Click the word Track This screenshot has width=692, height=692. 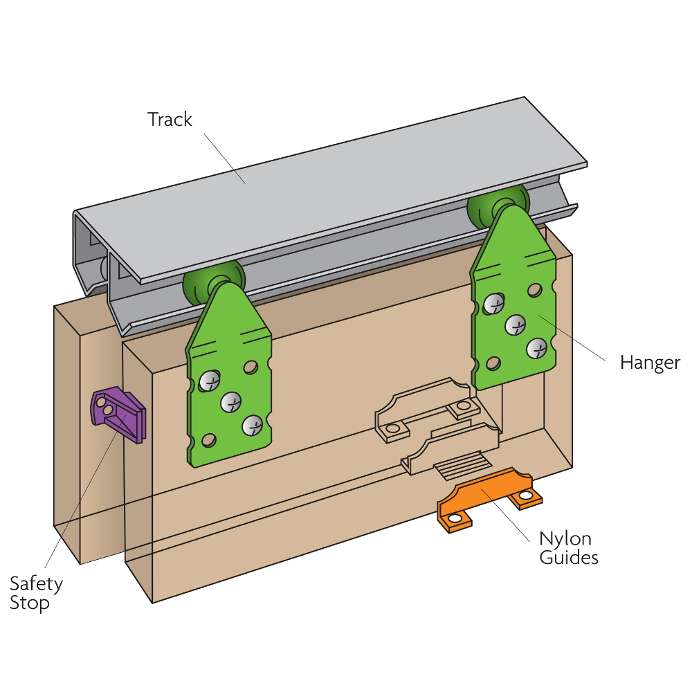170,120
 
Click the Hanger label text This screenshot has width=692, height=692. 650,363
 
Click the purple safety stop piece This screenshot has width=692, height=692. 118,415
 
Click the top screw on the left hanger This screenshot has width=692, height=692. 209,380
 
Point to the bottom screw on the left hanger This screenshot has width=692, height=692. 254,425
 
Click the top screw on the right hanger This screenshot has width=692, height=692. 493,302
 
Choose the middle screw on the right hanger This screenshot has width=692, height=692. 516,325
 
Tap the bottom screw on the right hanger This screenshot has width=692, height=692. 536,348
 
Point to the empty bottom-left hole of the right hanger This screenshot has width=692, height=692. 493,363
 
